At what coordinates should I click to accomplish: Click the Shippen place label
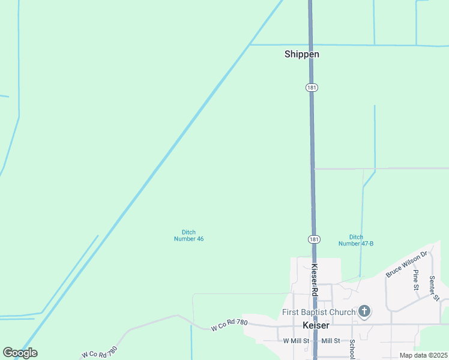point(301,54)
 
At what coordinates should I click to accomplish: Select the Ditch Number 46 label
point(188,236)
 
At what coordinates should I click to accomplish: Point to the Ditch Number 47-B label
point(356,240)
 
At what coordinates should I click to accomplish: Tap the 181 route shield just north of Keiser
point(314,239)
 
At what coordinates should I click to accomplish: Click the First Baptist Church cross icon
point(364,311)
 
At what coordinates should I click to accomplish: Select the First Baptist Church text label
point(319,313)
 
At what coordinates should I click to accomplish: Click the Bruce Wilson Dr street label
point(406,264)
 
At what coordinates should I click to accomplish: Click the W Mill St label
point(296,341)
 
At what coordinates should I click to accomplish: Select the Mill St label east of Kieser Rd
point(331,341)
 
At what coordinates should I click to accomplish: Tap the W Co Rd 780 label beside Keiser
point(229,326)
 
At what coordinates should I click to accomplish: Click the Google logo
point(20,353)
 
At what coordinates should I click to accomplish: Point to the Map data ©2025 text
point(423,355)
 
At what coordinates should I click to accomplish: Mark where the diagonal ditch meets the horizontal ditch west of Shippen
point(250,44)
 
